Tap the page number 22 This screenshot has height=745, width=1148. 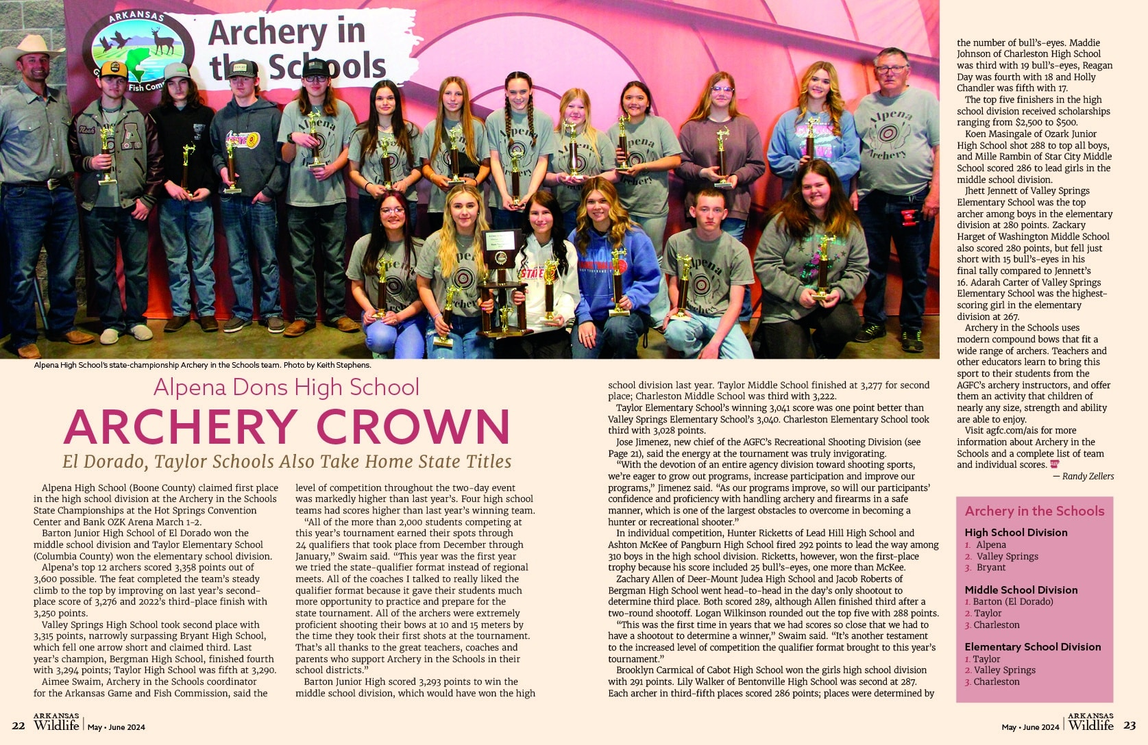point(19,726)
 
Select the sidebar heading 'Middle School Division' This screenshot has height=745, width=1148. point(1021,590)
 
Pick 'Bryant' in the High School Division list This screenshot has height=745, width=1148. point(991,567)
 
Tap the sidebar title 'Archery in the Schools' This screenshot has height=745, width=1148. point(1034,511)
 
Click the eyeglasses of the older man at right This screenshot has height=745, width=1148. point(890,69)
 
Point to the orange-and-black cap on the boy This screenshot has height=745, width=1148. point(114,68)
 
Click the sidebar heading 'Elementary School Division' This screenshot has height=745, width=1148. point(1032,646)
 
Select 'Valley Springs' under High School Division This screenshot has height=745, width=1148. point(1007,556)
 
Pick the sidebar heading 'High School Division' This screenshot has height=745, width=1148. point(1016,532)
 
